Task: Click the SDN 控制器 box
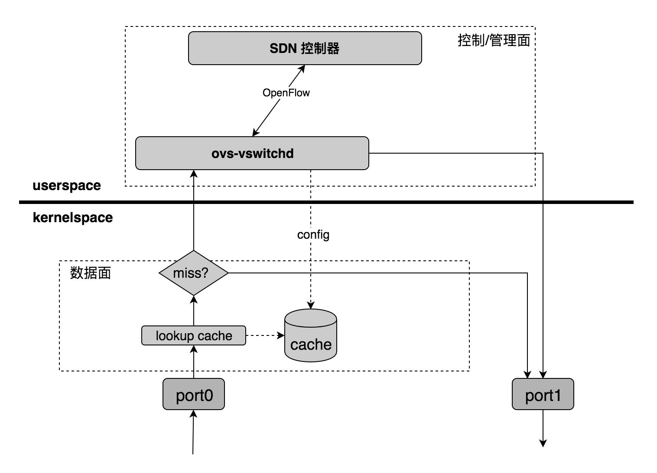tap(305, 48)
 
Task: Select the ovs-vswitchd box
tap(252, 153)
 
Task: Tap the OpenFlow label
tap(286, 92)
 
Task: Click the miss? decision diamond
tap(194, 273)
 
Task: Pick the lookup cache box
tap(194, 336)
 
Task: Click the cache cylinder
tap(311, 336)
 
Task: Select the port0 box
tap(194, 394)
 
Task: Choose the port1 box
tap(543, 394)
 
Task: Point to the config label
tap(313, 235)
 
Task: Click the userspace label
tap(67, 186)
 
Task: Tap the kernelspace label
tap(73, 217)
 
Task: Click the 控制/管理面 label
tap(494, 40)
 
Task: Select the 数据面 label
tap(91, 273)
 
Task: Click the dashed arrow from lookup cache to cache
tap(265, 335)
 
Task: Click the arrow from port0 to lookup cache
tap(194, 362)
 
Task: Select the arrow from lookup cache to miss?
tap(194, 311)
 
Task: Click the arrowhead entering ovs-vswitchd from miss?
tap(194, 174)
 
